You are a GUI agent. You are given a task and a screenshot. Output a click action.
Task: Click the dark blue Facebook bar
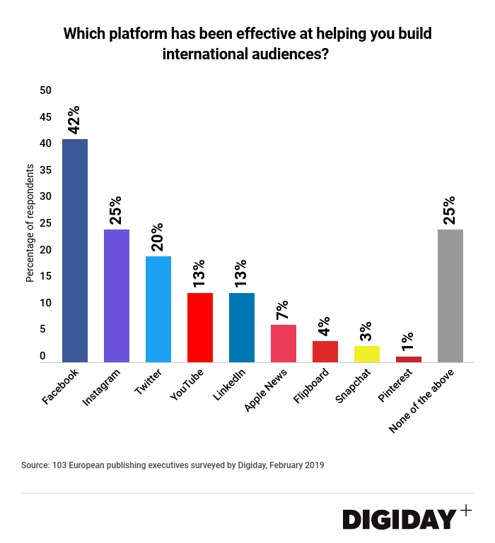point(75,251)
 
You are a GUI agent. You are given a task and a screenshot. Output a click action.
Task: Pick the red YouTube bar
point(200,328)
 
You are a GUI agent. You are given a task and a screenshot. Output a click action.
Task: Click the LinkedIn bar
point(242,328)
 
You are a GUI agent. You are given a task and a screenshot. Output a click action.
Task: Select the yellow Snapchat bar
point(367,354)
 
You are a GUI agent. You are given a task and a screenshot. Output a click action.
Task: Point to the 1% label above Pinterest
point(408,341)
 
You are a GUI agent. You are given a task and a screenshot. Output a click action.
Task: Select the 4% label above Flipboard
point(325,326)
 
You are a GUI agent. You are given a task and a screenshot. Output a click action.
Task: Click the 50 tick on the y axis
point(46,90)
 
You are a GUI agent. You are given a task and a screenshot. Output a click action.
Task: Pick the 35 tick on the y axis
point(46,170)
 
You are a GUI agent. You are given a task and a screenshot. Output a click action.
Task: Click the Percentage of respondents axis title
point(30,223)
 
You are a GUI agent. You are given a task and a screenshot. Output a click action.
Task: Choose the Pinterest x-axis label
point(393,386)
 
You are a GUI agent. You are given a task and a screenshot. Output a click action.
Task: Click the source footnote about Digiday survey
point(173,465)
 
